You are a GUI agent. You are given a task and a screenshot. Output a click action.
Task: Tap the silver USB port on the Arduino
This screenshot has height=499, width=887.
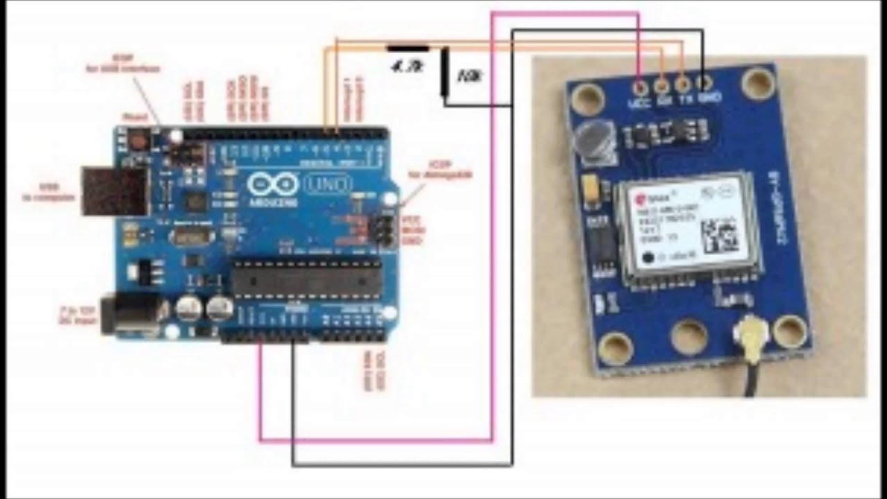click(x=115, y=190)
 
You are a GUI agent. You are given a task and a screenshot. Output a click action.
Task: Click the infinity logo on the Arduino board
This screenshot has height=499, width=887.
click(x=272, y=184)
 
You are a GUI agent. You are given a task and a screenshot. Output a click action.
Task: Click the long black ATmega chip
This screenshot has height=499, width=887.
click(x=306, y=279)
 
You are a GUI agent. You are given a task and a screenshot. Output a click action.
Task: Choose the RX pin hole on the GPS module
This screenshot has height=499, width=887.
click(x=662, y=85)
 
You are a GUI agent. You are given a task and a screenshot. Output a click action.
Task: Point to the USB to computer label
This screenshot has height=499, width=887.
click(x=49, y=192)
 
